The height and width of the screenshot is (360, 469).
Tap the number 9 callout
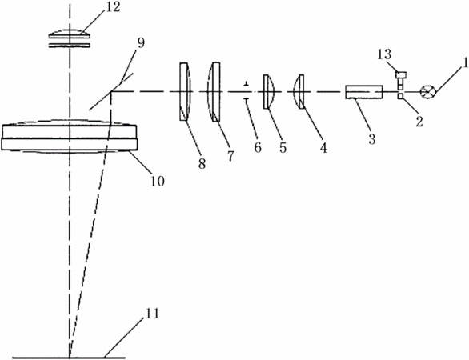pos(141,43)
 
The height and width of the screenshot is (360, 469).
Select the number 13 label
pos(384,54)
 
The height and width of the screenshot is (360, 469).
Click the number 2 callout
pos(419,122)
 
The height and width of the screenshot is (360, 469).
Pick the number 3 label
pos(371,139)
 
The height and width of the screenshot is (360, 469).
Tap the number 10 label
pos(158,181)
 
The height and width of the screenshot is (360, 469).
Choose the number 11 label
pos(152,314)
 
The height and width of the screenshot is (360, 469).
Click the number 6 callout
pos(258,147)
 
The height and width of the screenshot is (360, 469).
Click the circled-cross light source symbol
pos(428,92)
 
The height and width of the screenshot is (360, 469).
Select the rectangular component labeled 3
pos(364,92)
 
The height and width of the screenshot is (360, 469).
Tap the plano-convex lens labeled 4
pos(299,92)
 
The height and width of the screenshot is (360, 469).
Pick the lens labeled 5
pos(268,91)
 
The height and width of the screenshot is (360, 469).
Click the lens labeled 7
pos(214,92)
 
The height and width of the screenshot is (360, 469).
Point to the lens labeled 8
pos(185,92)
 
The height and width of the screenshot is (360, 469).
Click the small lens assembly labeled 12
pos(70,38)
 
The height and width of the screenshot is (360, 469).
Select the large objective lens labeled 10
pos(70,137)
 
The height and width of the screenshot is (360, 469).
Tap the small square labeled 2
pos(400,96)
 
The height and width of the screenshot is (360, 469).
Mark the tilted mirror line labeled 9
pos(111,91)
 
